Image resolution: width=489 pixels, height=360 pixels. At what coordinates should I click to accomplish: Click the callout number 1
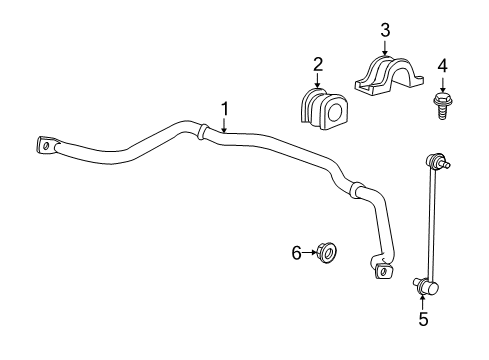coord(225,108)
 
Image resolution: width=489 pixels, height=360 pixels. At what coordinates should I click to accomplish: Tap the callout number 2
coord(318,65)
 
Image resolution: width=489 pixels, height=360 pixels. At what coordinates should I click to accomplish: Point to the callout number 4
coord(440,67)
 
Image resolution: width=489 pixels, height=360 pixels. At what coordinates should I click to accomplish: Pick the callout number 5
coord(423,320)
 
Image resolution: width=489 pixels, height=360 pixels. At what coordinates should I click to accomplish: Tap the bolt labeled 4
coord(440,104)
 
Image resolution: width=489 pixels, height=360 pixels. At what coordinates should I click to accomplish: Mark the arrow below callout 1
coord(225,124)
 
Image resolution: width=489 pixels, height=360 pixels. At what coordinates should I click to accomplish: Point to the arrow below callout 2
coord(318,80)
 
